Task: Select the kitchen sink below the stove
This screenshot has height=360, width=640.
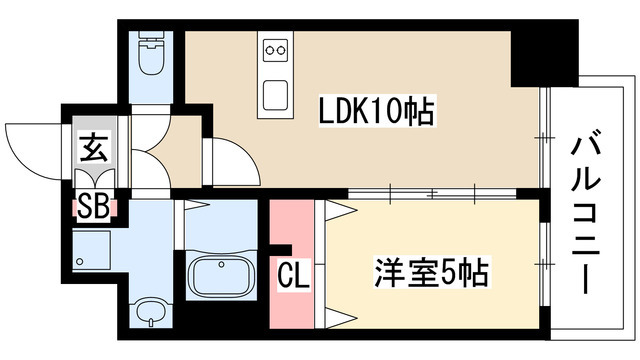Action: [275, 95]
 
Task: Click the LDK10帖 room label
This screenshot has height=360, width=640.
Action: [376, 111]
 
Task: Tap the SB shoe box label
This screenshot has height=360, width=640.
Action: [93, 209]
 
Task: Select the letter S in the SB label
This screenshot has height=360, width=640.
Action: [86, 209]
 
